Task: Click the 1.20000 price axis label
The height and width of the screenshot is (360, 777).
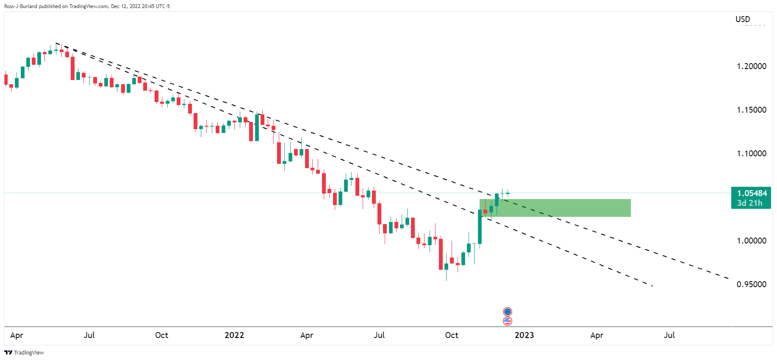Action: (x=751, y=66)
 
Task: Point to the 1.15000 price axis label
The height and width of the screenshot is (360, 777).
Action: (x=751, y=110)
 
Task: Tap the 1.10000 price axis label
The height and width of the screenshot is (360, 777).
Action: (x=751, y=153)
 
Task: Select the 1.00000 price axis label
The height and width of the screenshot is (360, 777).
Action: (x=751, y=241)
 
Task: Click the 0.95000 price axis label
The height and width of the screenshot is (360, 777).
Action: (x=751, y=284)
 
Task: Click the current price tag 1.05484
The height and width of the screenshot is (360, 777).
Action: (x=752, y=193)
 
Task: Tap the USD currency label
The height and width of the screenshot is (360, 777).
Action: (x=743, y=19)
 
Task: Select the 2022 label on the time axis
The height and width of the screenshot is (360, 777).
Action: (x=234, y=335)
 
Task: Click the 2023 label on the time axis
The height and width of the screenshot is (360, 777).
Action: (x=524, y=335)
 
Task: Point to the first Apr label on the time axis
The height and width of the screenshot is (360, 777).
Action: (x=17, y=335)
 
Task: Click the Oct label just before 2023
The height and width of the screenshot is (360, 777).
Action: (x=452, y=335)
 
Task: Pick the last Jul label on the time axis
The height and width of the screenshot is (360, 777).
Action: (x=669, y=335)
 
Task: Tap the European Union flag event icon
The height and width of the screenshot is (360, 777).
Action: (x=508, y=312)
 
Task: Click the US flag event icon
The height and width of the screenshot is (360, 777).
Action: (x=508, y=321)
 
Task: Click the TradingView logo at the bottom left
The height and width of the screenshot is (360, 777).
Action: (x=24, y=352)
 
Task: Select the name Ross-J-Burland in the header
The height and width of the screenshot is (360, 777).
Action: (x=21, y=6)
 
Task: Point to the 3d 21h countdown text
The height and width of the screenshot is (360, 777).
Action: (x=749, y=203)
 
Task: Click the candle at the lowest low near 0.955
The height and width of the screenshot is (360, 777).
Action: (x=446, y=267)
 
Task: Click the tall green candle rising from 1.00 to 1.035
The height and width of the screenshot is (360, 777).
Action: (x=480, y=227)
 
